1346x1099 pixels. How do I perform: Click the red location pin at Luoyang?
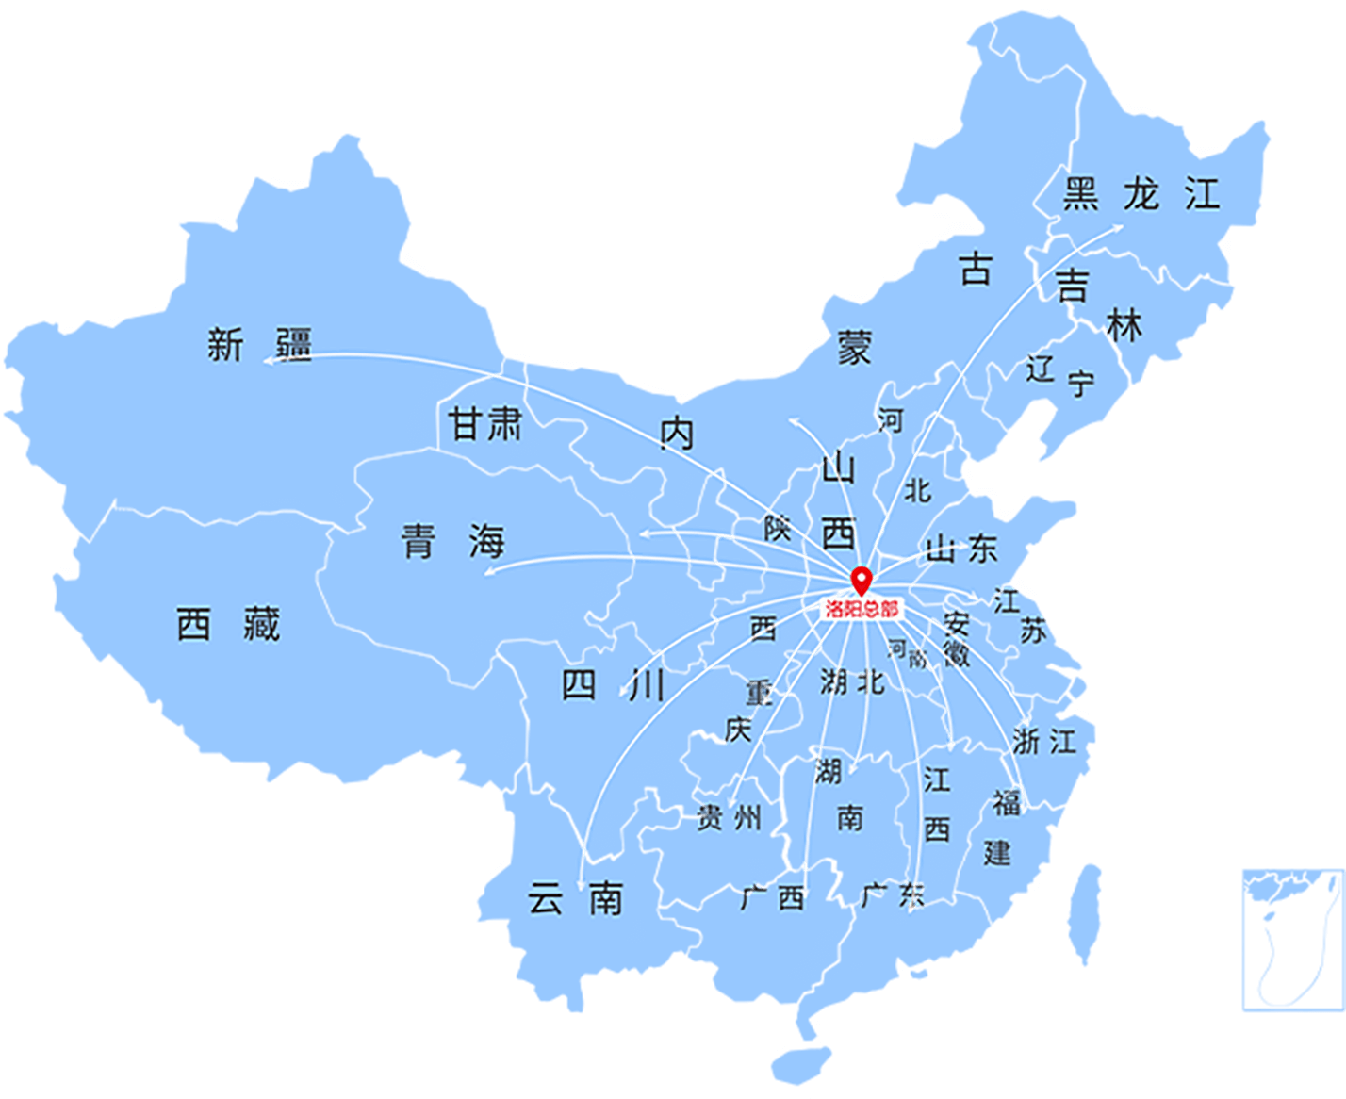861,580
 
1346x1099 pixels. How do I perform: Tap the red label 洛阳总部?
862,609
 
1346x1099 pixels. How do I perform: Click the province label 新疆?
259,345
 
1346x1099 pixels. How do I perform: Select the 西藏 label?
229,624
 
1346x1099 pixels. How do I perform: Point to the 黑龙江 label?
1141,194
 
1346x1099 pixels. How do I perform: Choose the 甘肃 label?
485,424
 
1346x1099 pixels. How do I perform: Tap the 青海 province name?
453,541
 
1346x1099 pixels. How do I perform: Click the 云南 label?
575,898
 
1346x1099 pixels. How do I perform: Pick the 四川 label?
614,685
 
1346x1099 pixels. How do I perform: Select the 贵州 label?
729,817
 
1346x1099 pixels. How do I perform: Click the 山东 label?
961,549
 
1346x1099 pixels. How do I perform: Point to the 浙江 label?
1044,741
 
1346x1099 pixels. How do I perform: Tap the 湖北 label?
852,681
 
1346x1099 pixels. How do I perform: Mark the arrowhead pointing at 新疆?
268,359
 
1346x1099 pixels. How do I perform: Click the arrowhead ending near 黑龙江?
1118,226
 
